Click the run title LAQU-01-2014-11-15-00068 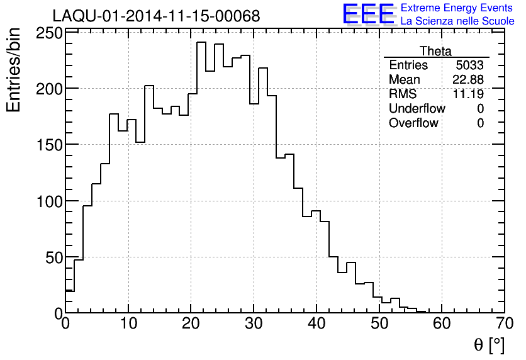click(156, 16)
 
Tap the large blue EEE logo click(369, 14)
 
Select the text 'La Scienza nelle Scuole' click(457, 21)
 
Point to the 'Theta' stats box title click(435, 51)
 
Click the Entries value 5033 click(470, 65)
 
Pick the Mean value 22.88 click(468, 80)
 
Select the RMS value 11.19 click(468, 94)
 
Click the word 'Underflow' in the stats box click(417, 109)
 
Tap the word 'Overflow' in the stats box click(413, 123)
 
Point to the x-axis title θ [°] click(489, 345)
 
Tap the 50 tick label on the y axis click(53, 257)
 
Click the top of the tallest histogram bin click(201, 43)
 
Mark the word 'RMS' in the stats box click(403, 94)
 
